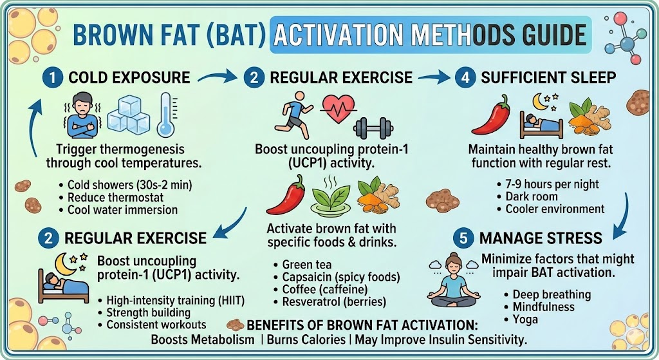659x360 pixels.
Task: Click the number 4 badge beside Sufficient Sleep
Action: tap(465, 78)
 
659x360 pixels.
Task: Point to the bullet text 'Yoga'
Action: tap(525, 319)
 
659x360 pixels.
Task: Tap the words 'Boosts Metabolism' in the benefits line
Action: tap(203, 339)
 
